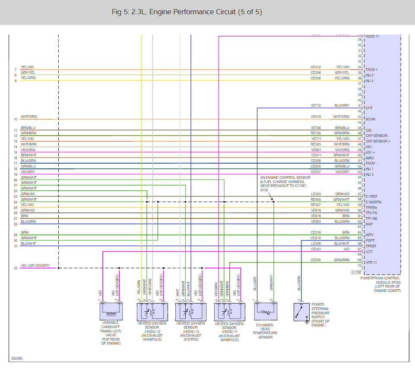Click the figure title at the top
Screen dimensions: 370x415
click(187, 12)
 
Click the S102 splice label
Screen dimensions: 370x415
click(264, 190)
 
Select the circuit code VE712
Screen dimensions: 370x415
click(316, 106)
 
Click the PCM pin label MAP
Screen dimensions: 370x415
click(370, 224)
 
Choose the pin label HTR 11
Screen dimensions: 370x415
click(371, 263)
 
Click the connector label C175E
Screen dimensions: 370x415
click(356, 272)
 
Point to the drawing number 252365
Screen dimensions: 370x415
click(18, 358)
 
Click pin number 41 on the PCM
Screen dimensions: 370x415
click(359, 106)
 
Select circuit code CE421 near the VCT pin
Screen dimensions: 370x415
click(316, 249)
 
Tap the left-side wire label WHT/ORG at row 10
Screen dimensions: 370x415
click(29, 117)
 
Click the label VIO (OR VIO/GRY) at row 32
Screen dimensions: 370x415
click(35, 266)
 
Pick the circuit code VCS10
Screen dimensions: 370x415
click(316, 238)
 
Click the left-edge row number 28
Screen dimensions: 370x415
click(16, 224)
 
